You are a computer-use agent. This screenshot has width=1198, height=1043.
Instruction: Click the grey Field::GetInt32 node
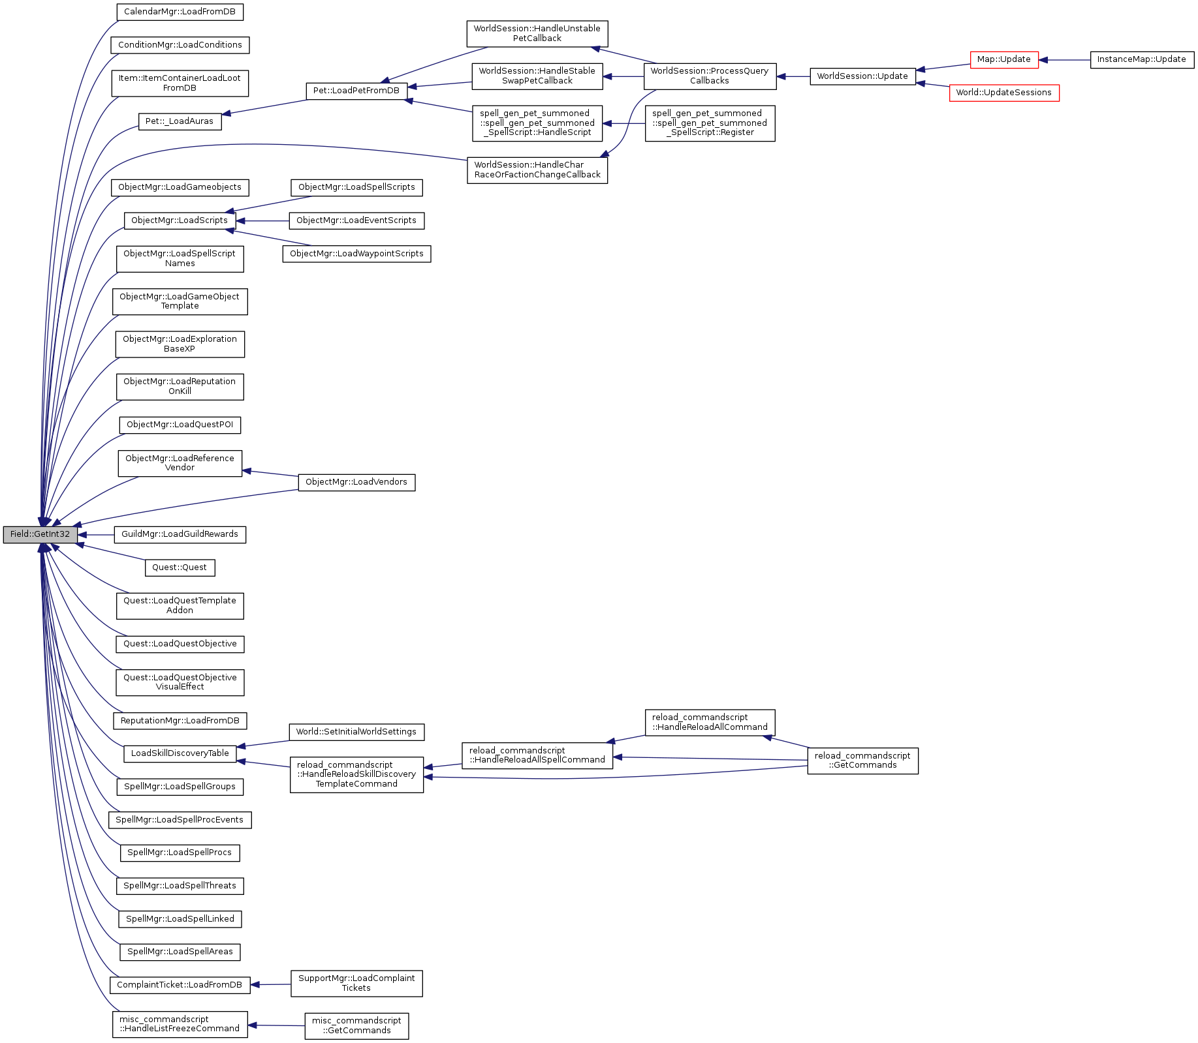pos(40,534)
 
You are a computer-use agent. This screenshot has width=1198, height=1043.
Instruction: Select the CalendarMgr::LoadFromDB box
pos(180,12)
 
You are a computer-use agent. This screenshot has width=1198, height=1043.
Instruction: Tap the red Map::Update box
pos(1003,59)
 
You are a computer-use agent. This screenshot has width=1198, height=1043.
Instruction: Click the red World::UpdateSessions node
pos(1003,93)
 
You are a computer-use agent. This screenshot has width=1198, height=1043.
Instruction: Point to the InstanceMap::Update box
pos(1141,59)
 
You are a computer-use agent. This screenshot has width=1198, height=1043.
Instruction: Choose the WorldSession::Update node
pos(862,76)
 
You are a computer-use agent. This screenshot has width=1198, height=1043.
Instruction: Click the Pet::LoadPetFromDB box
pos(356,91)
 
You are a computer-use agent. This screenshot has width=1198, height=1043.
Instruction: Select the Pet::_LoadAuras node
pos(180,121)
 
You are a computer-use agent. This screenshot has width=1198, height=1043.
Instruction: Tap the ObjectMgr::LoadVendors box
pos(356,482)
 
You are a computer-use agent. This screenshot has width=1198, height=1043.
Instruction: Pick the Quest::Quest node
pos(180,567)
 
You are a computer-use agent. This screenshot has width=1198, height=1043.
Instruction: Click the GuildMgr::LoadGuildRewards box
pos(180,534)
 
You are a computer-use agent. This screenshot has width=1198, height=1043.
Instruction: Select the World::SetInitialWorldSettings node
pos(356,732)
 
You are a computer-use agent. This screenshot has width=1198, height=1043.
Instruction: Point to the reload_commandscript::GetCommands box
pos(862,761)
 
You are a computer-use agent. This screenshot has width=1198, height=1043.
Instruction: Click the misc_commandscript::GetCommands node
pos(356,1025)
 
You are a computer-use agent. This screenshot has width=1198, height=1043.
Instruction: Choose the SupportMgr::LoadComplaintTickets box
pos(356,983)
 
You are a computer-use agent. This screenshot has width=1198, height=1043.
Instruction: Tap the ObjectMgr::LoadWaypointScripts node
pos(356,254)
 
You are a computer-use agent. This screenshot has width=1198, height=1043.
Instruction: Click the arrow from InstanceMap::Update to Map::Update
pos(1064,60)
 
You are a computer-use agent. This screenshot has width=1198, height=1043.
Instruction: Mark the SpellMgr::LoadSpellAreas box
pos(180,952)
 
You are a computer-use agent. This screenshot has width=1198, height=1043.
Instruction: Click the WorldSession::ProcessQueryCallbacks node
pos(710,76)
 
